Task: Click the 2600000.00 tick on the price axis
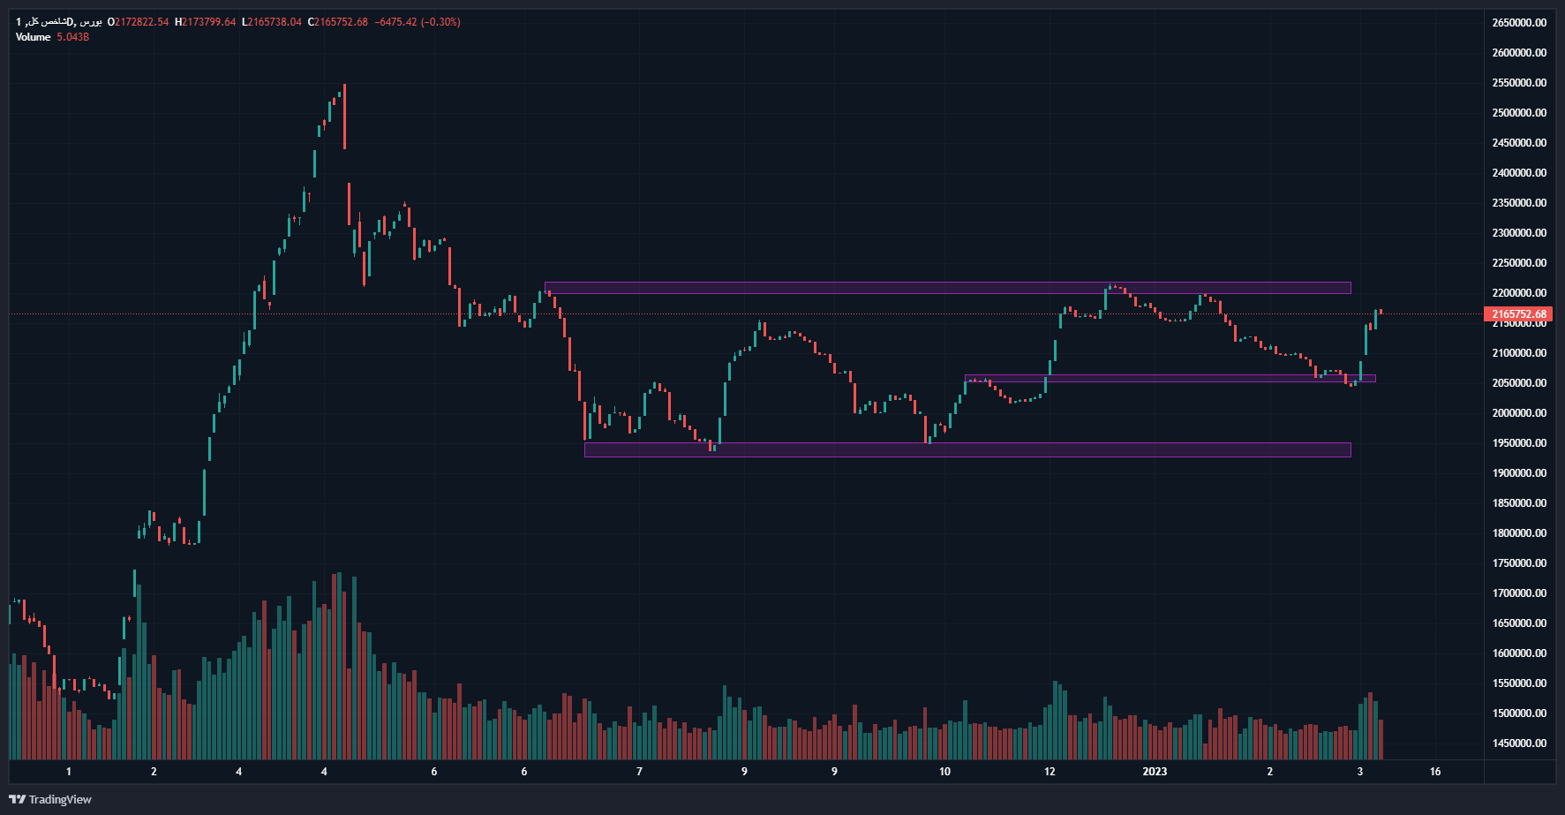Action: click(1519, 53)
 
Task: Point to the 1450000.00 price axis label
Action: click(1519, 743)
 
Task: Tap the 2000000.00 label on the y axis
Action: click(1519, 413)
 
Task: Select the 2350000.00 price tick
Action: click(1519, 203)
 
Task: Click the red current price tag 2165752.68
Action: click(1519, 314)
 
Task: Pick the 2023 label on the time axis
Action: click(1155, 772)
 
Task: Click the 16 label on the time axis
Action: click(1435, 772)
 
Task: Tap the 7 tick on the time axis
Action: click(640, 772)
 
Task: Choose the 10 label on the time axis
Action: click(945, 772)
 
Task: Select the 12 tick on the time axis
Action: click(1050, 772)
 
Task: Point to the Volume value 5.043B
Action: click(73, 37)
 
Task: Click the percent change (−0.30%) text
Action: click(440, 22)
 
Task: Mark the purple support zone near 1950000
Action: click(967, 450)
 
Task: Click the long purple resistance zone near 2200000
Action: click(947, 288)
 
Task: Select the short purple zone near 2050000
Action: click(1170, 379)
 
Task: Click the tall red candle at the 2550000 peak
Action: click(344, 117)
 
